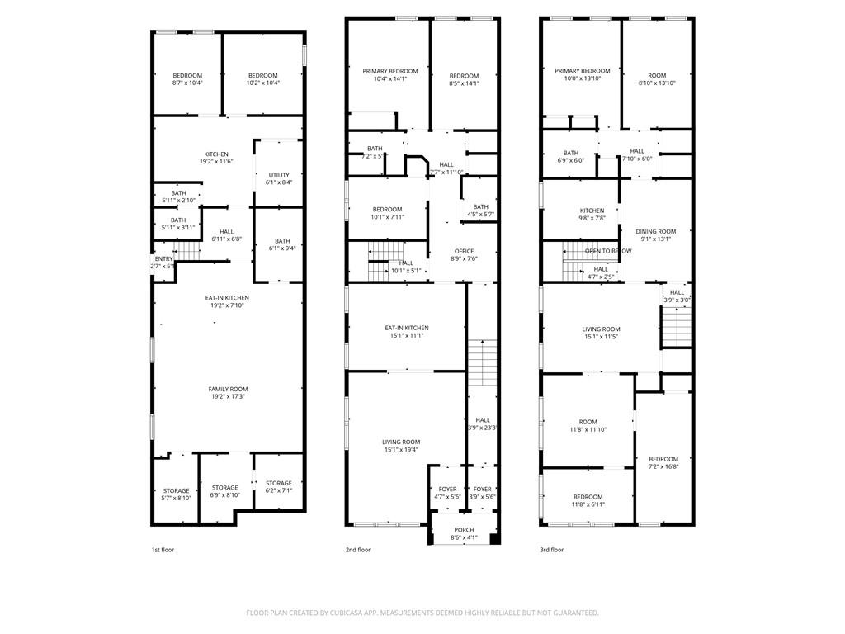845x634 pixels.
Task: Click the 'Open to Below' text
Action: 608,251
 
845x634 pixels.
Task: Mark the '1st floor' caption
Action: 163,550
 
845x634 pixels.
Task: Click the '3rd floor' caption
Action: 552,550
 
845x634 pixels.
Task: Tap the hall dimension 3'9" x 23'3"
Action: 483,428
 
